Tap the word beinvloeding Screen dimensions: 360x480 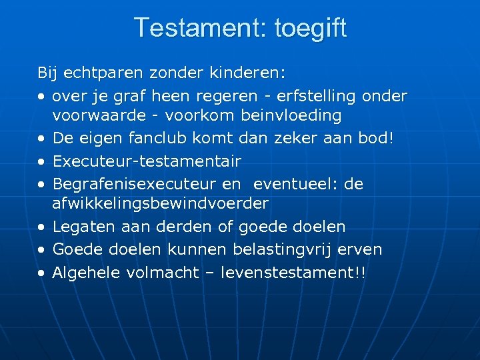point(291,115)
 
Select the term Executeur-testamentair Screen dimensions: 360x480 point(147,161)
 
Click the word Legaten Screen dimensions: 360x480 point(83,227)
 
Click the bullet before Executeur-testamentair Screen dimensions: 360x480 point(41,161)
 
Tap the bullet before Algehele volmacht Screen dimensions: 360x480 point(41,273)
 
